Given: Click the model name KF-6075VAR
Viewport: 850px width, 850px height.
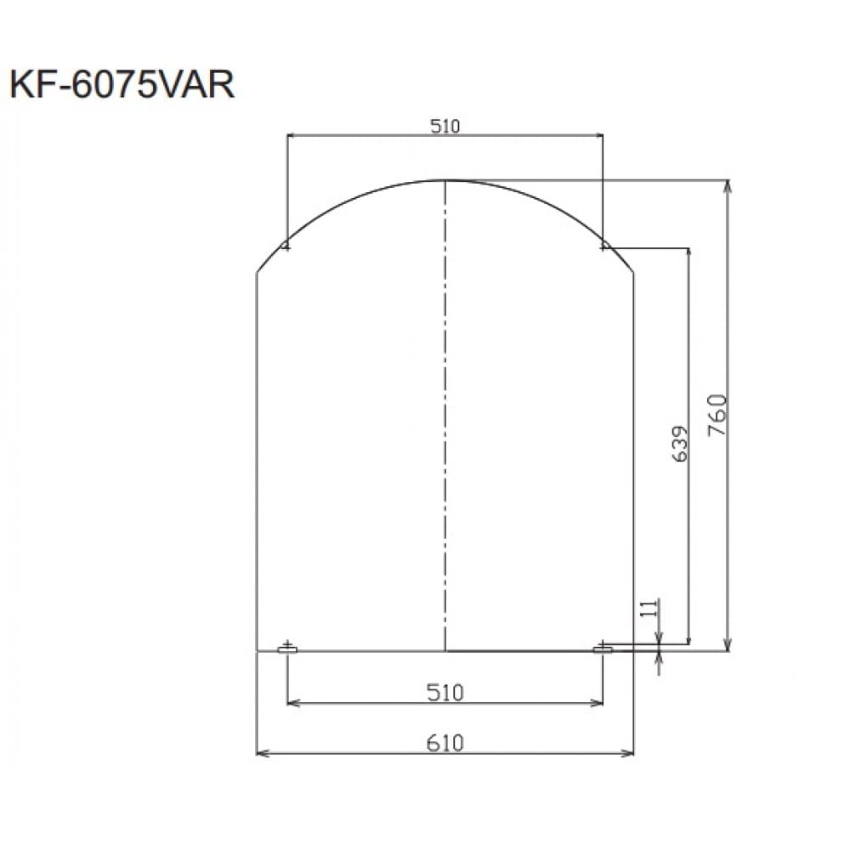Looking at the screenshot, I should (x=122, y=85).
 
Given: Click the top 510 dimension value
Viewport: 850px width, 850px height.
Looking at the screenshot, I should (x=445, y=127).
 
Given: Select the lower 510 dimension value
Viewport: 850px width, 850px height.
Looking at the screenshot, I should (x=445, y=693).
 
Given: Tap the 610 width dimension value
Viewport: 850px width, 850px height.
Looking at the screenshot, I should (x=445, y=743).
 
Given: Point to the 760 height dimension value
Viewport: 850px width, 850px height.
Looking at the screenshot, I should (x=717, y=415).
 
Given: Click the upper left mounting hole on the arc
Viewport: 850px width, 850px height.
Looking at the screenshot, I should (x=286, y=246).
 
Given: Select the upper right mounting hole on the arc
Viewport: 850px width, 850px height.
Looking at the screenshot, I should (x=603, y=246).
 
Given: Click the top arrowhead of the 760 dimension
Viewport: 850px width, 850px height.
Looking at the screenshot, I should (x=728, y=184).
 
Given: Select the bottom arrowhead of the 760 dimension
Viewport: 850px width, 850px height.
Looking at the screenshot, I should (x=728, y=647).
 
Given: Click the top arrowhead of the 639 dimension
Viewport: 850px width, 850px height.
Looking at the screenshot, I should (x=688, y=252).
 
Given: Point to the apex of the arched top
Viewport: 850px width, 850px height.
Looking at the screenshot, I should (x=445, y=180).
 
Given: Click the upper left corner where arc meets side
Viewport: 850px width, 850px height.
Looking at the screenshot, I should (x=257, y=272).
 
